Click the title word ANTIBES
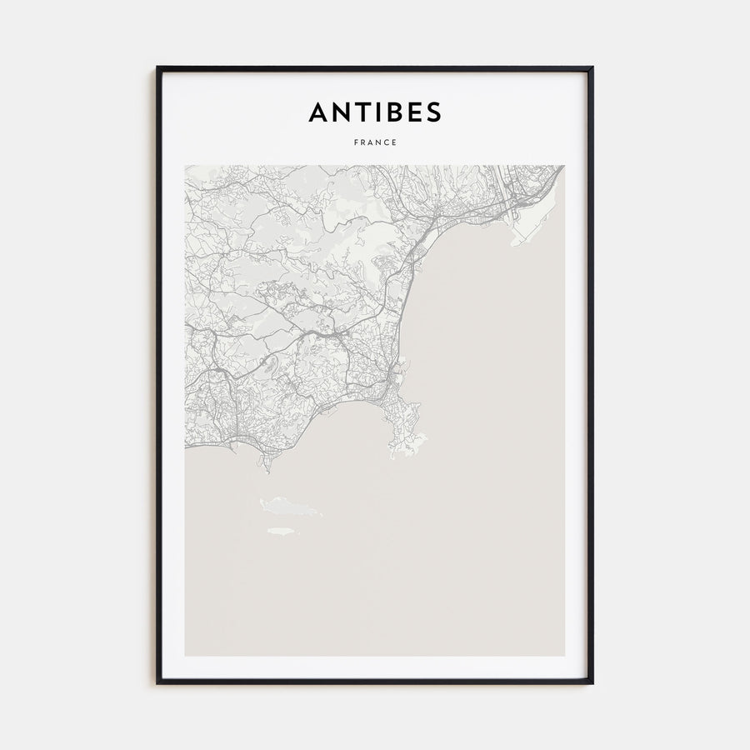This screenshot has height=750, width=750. pyautogui.click(x=375, y=112)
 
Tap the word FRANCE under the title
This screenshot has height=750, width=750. pyautogui.click(x=375, y=142)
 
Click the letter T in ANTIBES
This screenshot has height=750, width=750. pyautogui.click(x=359, y=112)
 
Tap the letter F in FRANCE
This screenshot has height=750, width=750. pyautogui.click(x=356, y=142)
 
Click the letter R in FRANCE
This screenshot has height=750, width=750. pyautogui.click(x=363, y=142)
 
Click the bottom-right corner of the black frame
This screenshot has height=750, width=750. pyautogui.click(x=592, y=683)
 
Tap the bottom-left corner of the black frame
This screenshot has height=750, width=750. pyautogui.click(x=157, y=683)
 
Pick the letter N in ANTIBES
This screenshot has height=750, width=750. pyautogui.click(x=339, y=112)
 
